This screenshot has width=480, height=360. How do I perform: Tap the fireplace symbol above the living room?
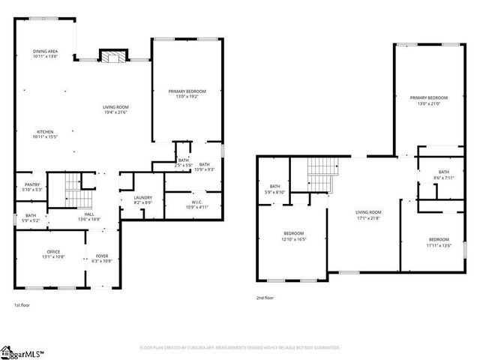[112, 58]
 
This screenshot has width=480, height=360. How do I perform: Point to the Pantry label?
[32, 187]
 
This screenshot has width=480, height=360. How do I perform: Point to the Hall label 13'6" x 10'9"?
[88, 217]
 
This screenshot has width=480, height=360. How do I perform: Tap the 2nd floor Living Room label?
[368, 214]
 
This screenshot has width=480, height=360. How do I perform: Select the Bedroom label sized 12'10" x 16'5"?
[293, 235]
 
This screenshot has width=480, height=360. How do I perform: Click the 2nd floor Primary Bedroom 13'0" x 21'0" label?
[428, 100]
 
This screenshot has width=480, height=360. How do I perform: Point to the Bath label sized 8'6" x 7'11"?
[444, 175]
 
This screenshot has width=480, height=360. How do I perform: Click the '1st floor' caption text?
[22, 305]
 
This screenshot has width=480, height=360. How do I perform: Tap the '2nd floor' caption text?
[265, 298]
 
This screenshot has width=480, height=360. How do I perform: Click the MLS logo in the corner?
[22, 352]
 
